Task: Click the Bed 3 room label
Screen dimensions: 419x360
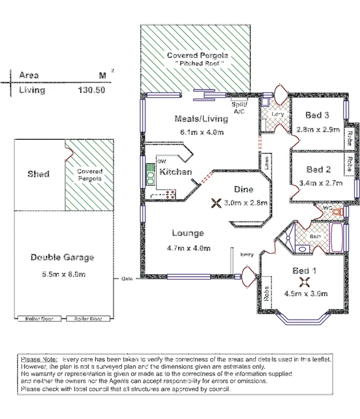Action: (317, 116)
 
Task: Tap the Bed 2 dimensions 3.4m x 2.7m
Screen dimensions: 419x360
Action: (321, 183)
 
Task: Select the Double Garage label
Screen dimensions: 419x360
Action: (62, 257)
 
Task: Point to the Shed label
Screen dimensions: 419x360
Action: (38, 174)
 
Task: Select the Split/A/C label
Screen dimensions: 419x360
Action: (239, 108)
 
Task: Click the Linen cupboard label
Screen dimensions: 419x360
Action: (266, 163)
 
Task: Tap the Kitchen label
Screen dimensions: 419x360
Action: (176, 172)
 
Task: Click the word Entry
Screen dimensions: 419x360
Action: (247, 255)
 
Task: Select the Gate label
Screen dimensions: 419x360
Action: (127, 279)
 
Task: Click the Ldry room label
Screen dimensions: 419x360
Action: (277, 114)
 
